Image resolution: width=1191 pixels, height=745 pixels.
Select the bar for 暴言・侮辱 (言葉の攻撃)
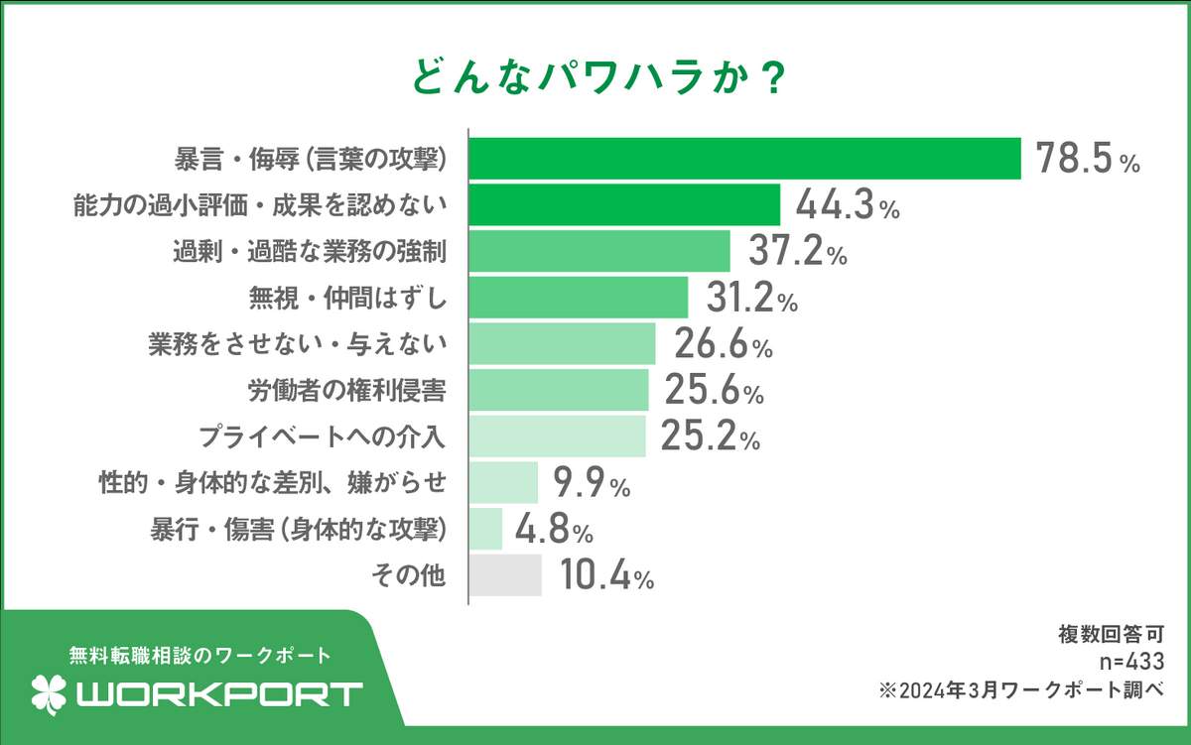click(744, 159)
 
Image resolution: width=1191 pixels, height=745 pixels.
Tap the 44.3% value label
click(847, 205)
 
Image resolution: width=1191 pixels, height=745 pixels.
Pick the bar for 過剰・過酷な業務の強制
click(599, 251)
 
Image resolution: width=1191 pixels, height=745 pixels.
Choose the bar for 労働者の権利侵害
click(559, 390)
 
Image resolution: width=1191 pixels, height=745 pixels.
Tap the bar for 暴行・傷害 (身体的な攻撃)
click(485, 529)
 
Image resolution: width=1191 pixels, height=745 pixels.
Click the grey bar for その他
click(505, 575)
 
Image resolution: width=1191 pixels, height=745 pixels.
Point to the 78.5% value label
click(1088, 159)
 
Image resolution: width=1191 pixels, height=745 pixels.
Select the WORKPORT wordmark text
click(219, 693)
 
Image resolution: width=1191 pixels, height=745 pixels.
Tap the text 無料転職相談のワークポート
click(198, 656)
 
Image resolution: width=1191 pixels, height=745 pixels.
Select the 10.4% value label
click(604, 575)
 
